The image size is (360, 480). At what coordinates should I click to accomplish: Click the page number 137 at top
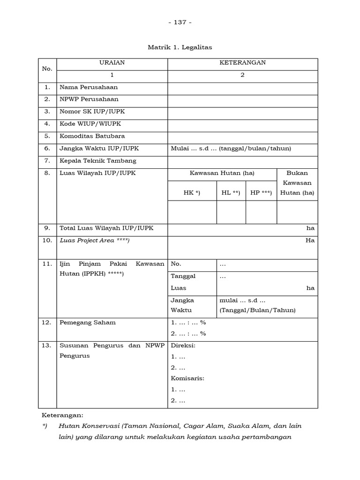point(180,22)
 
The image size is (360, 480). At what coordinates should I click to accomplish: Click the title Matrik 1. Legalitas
point(180,47)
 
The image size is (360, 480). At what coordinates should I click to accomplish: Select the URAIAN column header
point(112,62)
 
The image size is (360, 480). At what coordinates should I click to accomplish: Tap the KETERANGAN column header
point(242,62)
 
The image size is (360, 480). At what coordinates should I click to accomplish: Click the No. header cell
point(47,68)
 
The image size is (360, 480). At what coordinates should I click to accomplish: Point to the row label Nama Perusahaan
point(89,87)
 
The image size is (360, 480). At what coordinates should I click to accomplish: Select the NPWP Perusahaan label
point(89,99)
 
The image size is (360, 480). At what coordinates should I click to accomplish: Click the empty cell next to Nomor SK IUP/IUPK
point(242,112)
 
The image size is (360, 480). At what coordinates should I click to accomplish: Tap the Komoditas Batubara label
point(92,136)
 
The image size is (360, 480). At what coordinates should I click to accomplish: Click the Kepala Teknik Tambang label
point(98,161)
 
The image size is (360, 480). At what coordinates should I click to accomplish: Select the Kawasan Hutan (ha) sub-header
point(222,173)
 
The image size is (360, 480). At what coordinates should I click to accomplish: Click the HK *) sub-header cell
point(192,193)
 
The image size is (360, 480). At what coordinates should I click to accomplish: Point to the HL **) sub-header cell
point(231,193)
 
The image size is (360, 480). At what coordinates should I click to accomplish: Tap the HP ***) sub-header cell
point(261,193)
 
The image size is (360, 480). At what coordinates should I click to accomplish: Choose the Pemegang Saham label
point(88,322)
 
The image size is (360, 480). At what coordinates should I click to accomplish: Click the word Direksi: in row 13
point(183,345)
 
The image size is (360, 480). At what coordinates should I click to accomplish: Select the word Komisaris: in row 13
point(187,378)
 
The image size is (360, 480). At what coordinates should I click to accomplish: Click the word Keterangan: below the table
point(62,415)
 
